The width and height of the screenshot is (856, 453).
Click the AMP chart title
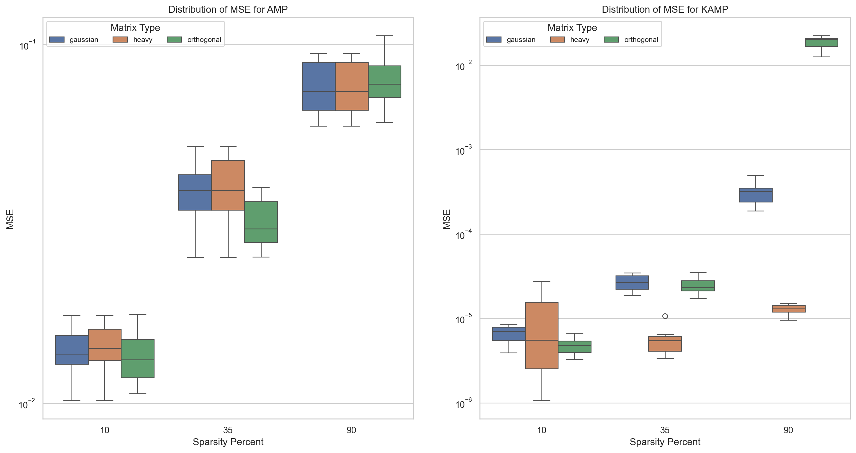coord(228,9)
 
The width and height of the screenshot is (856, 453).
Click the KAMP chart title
coord(665,9)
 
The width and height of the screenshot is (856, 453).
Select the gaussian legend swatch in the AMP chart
coord(57,40)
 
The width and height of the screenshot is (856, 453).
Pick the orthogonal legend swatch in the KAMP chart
coord(611,40)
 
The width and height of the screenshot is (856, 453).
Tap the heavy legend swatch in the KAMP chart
coord(557,40)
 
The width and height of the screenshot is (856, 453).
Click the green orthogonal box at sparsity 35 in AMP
coord(261,222)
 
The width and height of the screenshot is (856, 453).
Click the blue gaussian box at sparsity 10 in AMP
coord(72,350)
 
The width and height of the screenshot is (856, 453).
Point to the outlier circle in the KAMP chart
coord(665,316)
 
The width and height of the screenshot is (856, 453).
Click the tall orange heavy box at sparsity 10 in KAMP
coord(542,335)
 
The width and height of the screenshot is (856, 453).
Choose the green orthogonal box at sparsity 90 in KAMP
coord(822,43)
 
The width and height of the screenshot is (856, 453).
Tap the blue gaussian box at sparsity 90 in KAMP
coord(756,195)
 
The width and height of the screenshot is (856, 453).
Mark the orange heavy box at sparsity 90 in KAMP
coord(789,309)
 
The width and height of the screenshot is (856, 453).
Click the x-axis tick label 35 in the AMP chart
coord(228,430)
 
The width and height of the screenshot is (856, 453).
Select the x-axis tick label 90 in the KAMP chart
coord(788,430)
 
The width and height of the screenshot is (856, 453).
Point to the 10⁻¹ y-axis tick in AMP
coord(27,45)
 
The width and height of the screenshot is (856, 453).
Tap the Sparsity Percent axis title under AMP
coord(228,442)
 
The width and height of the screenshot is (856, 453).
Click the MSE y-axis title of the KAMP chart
coord(447,219)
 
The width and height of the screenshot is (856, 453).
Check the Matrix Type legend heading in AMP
coord(135,28)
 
